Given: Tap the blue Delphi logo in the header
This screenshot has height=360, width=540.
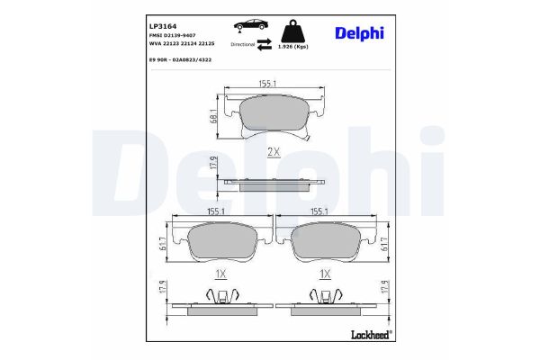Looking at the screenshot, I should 359,33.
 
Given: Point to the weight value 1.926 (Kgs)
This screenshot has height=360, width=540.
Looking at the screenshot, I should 294,47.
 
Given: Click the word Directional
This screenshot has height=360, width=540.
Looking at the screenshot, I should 243,43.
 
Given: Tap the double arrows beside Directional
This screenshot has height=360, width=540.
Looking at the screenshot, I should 265,43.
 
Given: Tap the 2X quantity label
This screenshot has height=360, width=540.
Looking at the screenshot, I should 274,152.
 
